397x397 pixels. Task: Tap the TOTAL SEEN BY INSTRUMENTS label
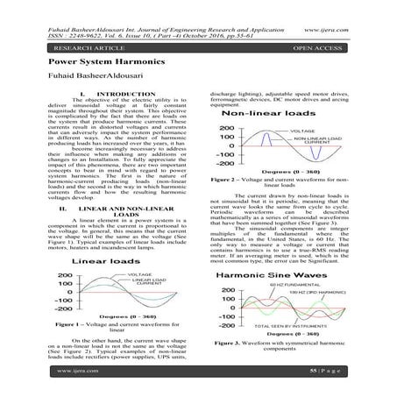pyautogui.click(x=302, y=325)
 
